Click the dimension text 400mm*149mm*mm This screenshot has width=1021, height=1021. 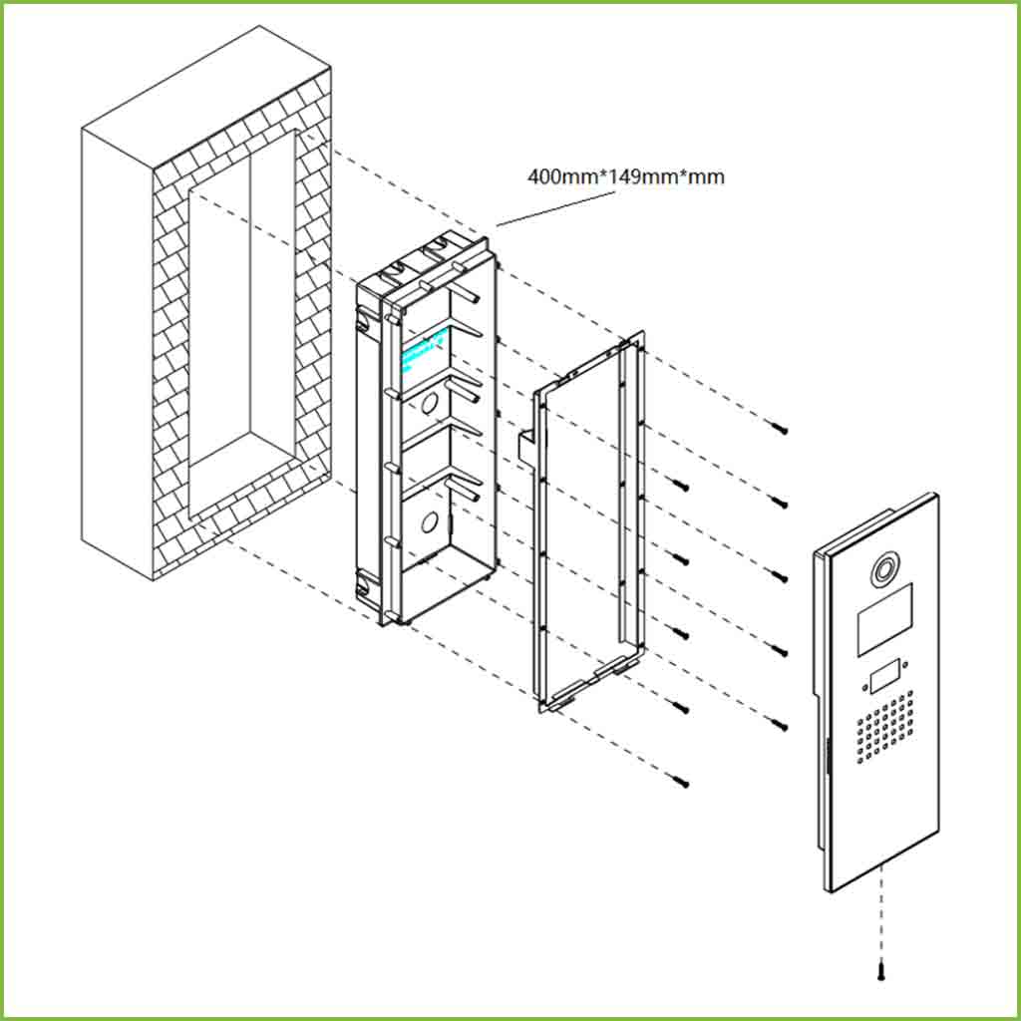[x=626, y=177]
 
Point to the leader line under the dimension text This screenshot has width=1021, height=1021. [x=554, y=208]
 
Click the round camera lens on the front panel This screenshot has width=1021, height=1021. [x=882, y=571]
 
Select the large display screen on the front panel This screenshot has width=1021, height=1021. [x=884, y=620]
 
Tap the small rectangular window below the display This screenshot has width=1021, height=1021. [x=884, y=678]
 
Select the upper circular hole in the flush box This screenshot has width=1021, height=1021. [x=430, y=403]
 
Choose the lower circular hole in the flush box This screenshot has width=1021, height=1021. [x=430, y=520]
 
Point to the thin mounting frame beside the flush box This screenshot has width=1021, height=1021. [x=588, y=528]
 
